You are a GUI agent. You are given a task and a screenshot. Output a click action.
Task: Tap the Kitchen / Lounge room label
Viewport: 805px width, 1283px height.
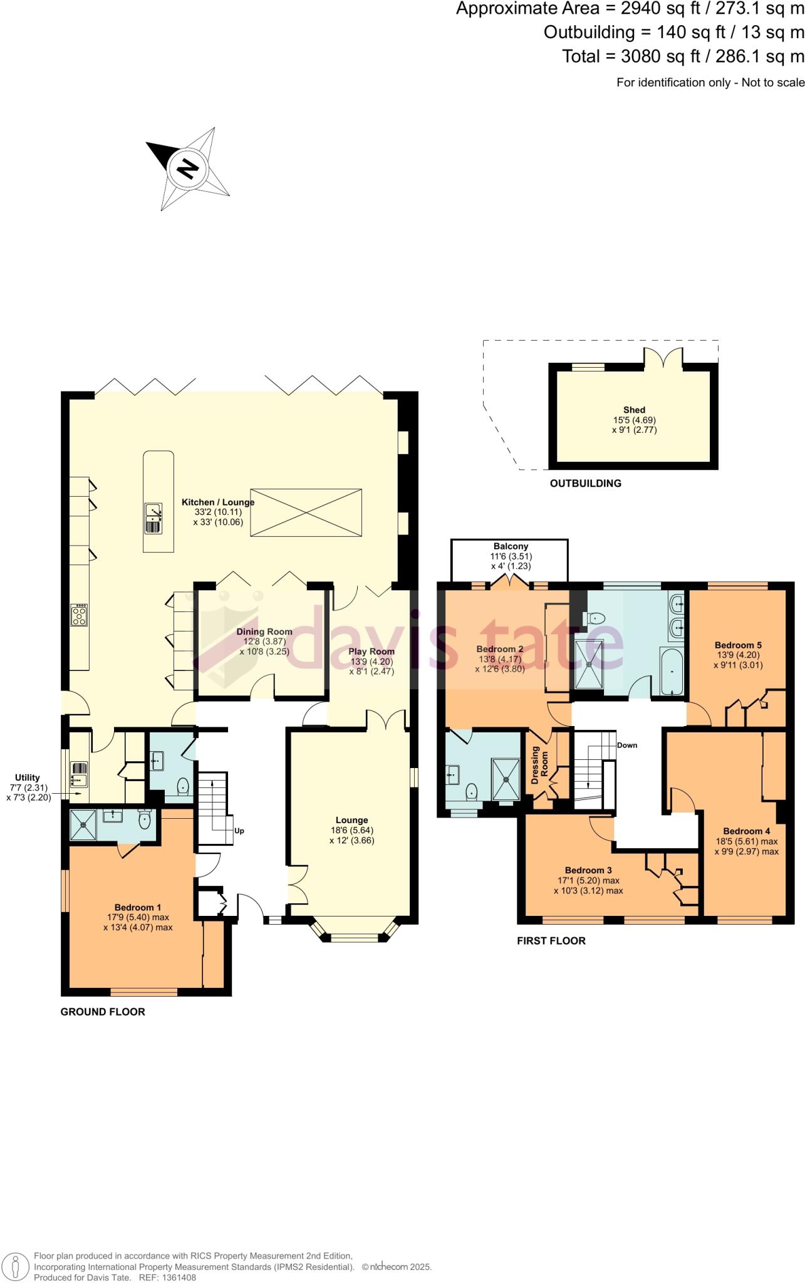tap(218, 502)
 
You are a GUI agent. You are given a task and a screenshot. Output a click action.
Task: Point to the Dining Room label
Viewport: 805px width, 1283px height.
tap(264, 631)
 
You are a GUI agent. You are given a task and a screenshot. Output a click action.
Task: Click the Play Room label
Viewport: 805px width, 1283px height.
tap(371, 652)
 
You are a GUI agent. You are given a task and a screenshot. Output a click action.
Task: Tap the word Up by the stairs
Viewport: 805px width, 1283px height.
tap(239, 831)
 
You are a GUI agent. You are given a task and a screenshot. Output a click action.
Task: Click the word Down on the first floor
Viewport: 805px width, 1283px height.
tap(627, 745)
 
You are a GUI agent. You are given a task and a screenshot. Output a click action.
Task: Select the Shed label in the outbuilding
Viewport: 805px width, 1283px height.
tap(634, 410)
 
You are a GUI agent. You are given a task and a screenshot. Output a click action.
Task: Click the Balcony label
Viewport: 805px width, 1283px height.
tap(511, 546)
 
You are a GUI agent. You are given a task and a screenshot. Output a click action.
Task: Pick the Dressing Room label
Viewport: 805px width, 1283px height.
tap(539, 765)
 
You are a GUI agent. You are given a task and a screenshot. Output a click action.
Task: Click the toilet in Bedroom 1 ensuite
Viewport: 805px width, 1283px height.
tap(145, 820)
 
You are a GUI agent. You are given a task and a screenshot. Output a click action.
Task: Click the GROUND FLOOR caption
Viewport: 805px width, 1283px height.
tap(103, 1012)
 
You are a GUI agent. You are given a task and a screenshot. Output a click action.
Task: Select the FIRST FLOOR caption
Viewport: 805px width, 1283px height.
tap(551, 941)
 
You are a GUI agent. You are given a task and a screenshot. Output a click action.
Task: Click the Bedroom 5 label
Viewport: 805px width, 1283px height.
tap(738, 645)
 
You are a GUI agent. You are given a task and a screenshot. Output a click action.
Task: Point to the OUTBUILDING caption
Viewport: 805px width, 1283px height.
tap(586, 483)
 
